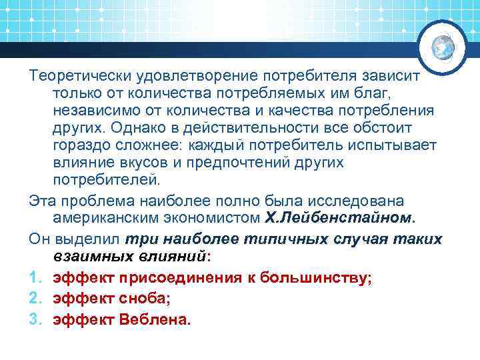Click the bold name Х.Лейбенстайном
tap(340, 217)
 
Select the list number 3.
tap(34, 319)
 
